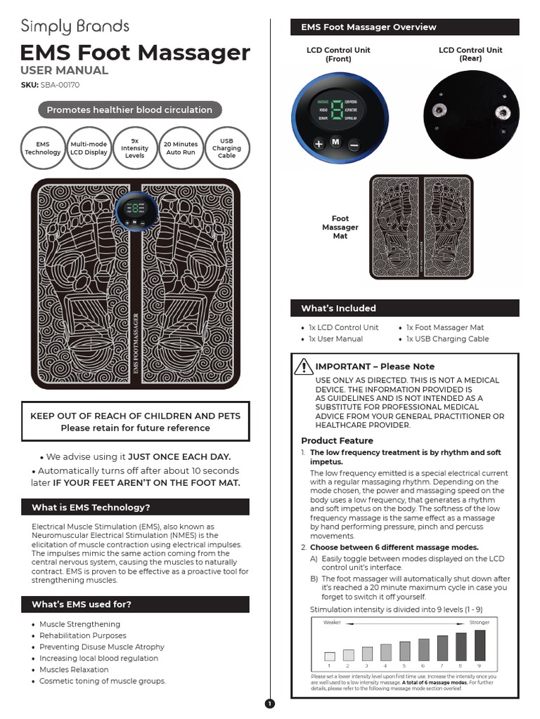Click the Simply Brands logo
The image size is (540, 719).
(x=75, y=27)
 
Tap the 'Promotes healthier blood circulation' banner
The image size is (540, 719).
(x=129, y=110)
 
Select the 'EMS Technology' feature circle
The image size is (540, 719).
(x=42, y=148)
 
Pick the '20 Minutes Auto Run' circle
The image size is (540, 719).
(x=181, y=148)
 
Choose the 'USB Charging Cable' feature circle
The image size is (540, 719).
(x=226, y=148)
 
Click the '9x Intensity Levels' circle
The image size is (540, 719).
(x=134, y=148)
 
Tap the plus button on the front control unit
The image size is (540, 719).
(x=319, y=143)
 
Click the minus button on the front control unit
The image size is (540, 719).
(x=354, y=143)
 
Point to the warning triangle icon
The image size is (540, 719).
(x=304, y=366)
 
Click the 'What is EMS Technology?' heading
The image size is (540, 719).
(x=91, y=507)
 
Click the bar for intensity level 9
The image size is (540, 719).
(x=480, y=645)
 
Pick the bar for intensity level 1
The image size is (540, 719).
(x=329, y=656)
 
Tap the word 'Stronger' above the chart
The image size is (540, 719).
(x=479, y=623)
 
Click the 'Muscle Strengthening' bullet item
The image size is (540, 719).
(x=79, y=624)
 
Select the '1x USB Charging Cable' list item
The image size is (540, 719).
(x=447, y=338)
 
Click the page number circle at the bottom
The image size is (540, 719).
(x=269, y=704)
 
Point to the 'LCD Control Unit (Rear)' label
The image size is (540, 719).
(x=470, y=54)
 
